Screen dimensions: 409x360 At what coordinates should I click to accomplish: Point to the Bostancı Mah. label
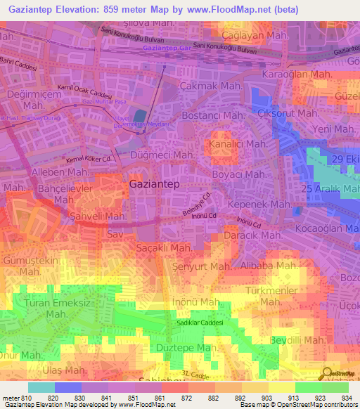[x=214, y=115]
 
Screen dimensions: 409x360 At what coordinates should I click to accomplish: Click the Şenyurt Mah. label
[x=202, y=267]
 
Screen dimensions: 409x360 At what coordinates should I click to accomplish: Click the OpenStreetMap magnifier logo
[x=328, y=374]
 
